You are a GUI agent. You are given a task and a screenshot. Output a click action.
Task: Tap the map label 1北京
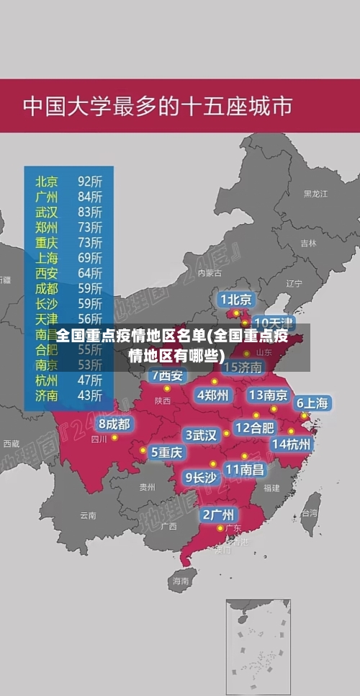pyautogui.click(x=236, y=299)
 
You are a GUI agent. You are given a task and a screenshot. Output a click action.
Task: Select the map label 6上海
pyautogui.click(x=312, y=403)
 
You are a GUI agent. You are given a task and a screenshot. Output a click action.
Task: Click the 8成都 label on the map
pyautogui.click(x=114, y=424)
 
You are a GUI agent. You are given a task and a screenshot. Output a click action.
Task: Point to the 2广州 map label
pyautogui.click(x=217, y=514)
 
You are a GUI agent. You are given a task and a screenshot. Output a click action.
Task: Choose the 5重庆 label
pyautogui.click(x=166, y=452)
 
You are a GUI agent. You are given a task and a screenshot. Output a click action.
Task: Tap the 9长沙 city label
pyautogui.click(x=201, y=477)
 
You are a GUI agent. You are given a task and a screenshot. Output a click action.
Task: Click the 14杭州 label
pyautogui.click(x=292, y=445)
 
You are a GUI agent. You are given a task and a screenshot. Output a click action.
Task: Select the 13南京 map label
pyautogui.click(x=268, y=395)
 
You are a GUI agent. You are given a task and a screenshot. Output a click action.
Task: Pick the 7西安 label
pyautogui.click(x=167, y=375)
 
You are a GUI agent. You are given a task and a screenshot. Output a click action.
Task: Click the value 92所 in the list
pyautogui.click(x=90, y=180)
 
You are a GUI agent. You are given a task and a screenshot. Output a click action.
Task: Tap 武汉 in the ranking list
pyautogui.click(x=47, y=212)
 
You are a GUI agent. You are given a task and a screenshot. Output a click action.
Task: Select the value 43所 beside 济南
pyautogui.click(x=90, y=395)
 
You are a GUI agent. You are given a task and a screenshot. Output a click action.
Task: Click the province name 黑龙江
pyautogui.click(x=315, y=194)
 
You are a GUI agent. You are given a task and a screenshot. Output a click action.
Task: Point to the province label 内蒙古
pyautogui.click(x=210, y=273)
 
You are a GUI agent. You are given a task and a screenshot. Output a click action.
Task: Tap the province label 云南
pyautogui.click(x=88, y=515)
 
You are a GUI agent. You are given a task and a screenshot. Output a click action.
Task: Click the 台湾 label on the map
pyautogui.click(x=309, y=513)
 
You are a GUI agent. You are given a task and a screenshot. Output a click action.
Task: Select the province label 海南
pyautogui.click(x=180, y=580)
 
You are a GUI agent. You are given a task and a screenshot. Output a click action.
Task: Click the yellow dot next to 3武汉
pyautogui.click(x=226, y=434)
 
